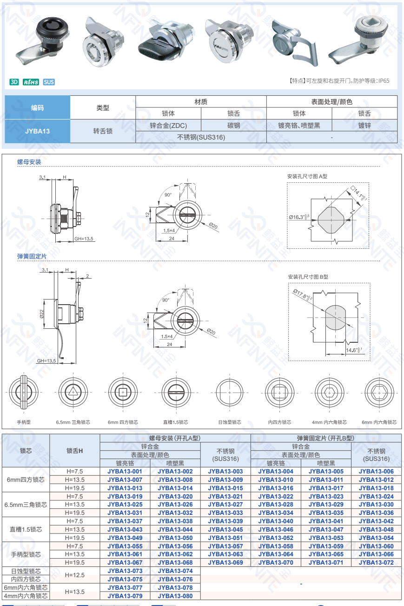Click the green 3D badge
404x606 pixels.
(x=14, y=82)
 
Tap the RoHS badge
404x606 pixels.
(x=31, y=82)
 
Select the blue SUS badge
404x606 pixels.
(x=49, y=82)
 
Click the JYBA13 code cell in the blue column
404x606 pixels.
(x=37, y=131)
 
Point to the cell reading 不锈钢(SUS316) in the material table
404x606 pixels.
(x=201, y=137)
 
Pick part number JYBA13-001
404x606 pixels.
(x=125, y=471)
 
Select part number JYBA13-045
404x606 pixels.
(x=225, y=529)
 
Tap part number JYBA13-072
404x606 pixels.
(x=376, y=562)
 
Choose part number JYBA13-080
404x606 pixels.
(x=175, y=596)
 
